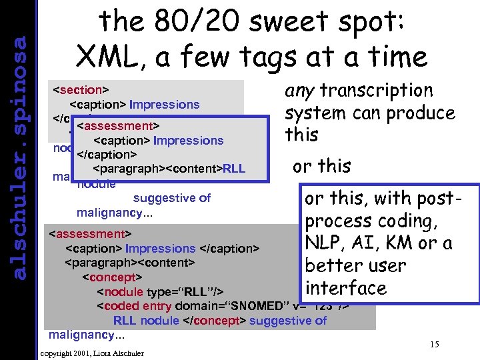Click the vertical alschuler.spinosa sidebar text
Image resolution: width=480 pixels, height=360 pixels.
(x=21, y=157)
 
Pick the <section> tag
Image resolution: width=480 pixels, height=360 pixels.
(x=81, y=89)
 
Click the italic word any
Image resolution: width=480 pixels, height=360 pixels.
(x=300, y=91)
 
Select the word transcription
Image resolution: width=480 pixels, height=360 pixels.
(x=377, y=91)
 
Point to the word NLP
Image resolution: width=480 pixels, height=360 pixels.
(x=327, y=243)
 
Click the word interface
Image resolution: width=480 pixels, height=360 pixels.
(x=345, y=288)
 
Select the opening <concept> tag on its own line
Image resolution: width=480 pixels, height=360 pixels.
(x=112, y=277)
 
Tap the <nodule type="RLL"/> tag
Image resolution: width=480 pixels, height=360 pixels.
(x=159, y=291)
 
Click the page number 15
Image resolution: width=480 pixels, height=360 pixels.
(x=435, y=344)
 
